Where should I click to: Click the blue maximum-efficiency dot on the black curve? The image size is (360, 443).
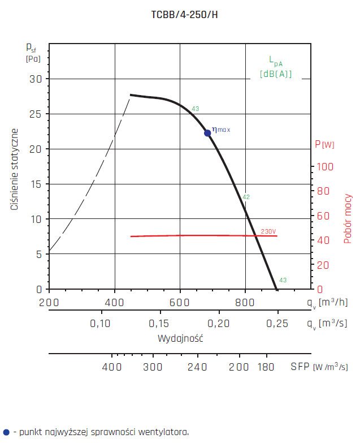click(x=207, y=133)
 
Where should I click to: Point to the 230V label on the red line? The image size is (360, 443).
click(x=268, y=231)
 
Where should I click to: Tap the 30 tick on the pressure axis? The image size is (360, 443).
click(x=36, y=79)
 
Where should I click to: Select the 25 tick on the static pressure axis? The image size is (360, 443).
click(x=36, y=114)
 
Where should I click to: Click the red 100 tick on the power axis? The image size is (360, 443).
click(x=324, y=166)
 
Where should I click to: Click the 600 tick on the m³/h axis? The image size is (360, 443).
click(x=180, y=303)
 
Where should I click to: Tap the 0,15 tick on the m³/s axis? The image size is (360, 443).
click(x=161, y=324)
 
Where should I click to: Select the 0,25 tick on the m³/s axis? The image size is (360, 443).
click(x=277, y=324)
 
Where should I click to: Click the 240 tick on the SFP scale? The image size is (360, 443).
click(x=197, y=367)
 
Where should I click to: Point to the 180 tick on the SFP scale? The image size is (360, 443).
click(x=266, y=367)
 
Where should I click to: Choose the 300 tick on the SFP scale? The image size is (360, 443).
click(x=153, y=367)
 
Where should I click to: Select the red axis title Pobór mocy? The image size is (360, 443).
click(x=348, y=218)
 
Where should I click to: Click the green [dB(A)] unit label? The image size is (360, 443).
click(x=276, y=74)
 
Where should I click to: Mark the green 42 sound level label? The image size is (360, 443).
click(x=246, y=197)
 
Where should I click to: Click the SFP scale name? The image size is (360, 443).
click(x=300, y=367)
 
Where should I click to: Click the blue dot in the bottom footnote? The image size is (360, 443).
click(x=6, y=432)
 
